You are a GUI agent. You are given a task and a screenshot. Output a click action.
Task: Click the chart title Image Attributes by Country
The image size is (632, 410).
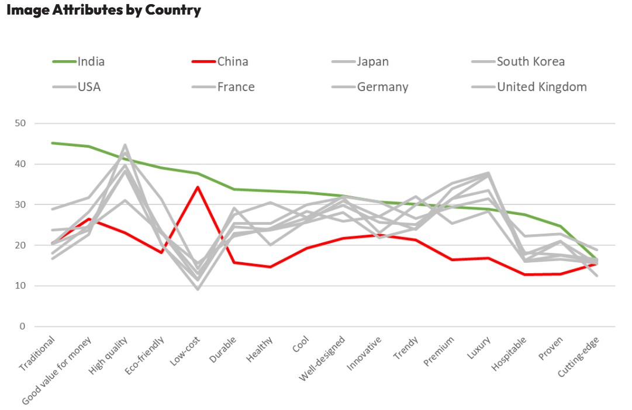click(x=103, y=10)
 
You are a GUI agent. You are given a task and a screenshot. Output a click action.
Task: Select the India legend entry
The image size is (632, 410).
click(x=91, y=61)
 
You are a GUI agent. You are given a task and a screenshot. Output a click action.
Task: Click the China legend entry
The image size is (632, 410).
click(x=233, y=61)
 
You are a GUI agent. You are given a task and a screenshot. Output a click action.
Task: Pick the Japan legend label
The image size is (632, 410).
click(x=372, y=61)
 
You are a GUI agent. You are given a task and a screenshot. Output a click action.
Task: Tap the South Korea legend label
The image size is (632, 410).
click(x=530, y=61)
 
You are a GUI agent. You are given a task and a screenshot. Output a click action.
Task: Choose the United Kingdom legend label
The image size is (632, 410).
click(x=541, y=87)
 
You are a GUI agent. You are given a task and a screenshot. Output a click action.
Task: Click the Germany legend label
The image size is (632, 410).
click(x=382, y=87)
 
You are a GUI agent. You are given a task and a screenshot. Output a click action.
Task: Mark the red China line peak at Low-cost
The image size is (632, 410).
click(x=198, y=187)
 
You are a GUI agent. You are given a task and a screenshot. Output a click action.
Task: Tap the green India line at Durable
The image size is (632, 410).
click(x=234, y=189)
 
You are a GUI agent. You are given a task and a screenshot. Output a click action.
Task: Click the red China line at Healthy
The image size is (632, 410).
click(x=270, y=267)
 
